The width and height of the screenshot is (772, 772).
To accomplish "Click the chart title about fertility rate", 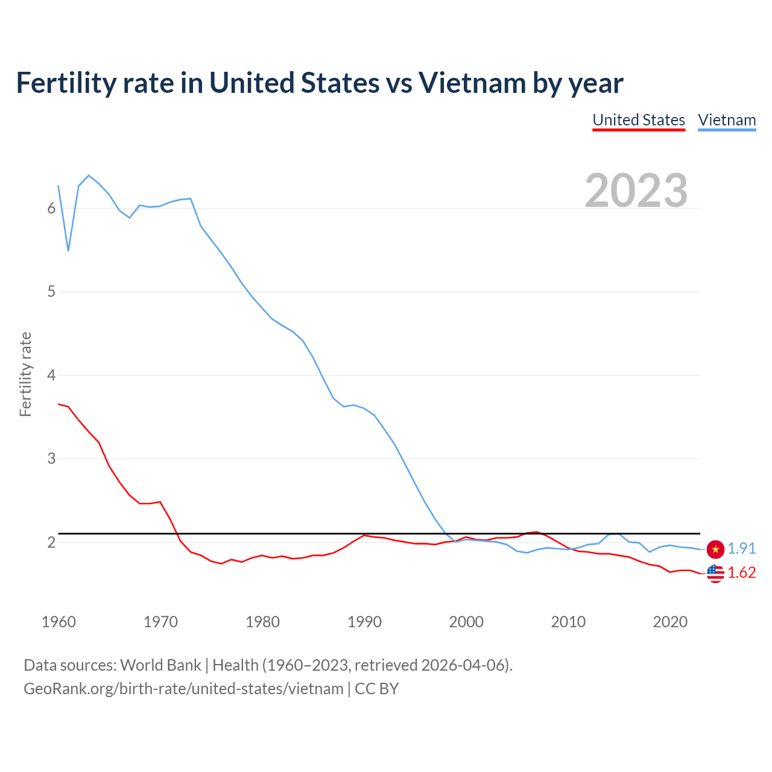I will click(x=320, y=83).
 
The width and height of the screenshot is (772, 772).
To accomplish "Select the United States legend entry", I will click(x=639, y=120).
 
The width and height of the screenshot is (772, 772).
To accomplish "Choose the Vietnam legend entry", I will click(x=727, y=120).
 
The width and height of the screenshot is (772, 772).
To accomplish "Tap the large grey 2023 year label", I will click(x=636, y=191).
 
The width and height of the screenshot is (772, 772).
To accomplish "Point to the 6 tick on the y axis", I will click(x=51, y=209).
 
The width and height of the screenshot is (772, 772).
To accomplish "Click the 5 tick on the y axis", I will click(x=51, y=292).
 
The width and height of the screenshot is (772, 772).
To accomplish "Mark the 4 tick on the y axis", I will click(x=51, y=376).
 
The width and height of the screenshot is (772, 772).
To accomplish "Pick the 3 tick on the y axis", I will click(x=51, y=459).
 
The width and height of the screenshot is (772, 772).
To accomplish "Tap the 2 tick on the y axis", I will click(x=51, y=542).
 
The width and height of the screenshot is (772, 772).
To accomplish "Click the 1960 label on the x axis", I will click(x=59, y=622).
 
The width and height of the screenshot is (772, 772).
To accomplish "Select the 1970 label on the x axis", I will click(x=160, y=622).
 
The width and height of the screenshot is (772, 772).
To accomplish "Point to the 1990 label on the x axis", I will click(x=364, y=622).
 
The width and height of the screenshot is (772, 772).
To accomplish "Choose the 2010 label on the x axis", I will click(x=568, y=622).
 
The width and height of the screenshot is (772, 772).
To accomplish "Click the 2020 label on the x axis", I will click(x=670, y=622).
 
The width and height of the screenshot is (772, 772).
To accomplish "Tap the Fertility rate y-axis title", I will click(x=25, y=374).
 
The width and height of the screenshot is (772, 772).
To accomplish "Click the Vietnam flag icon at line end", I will click(x=715, y=549).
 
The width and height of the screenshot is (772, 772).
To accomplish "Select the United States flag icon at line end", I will click(x=715, y=574).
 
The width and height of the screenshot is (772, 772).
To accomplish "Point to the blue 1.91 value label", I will click(x=741, y=548).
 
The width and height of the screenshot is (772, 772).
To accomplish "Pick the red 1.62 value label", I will click(x=741, y=572).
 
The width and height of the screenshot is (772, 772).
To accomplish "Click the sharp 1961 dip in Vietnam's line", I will click(x=69, y=250).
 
